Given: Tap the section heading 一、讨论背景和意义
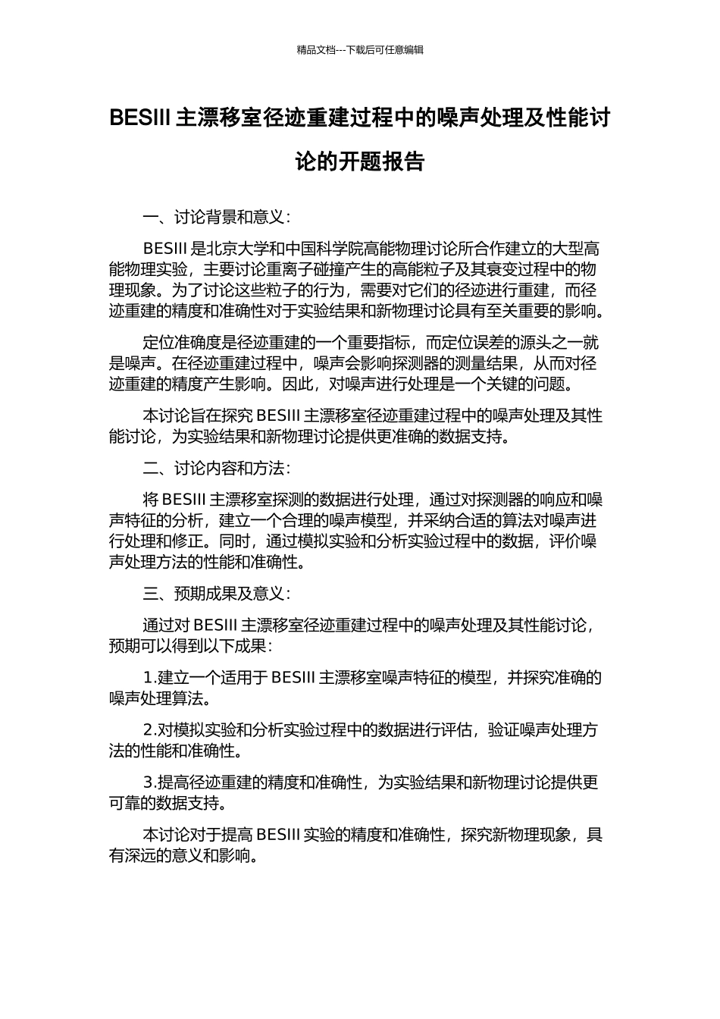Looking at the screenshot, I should (x=216, y=218).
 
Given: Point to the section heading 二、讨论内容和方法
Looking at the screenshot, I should (x=216, y=468).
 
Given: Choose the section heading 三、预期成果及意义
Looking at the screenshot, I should (x=216, y=594).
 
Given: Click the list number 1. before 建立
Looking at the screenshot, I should (x=149, y=678).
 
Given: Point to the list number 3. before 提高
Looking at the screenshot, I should (x=149, y=782).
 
